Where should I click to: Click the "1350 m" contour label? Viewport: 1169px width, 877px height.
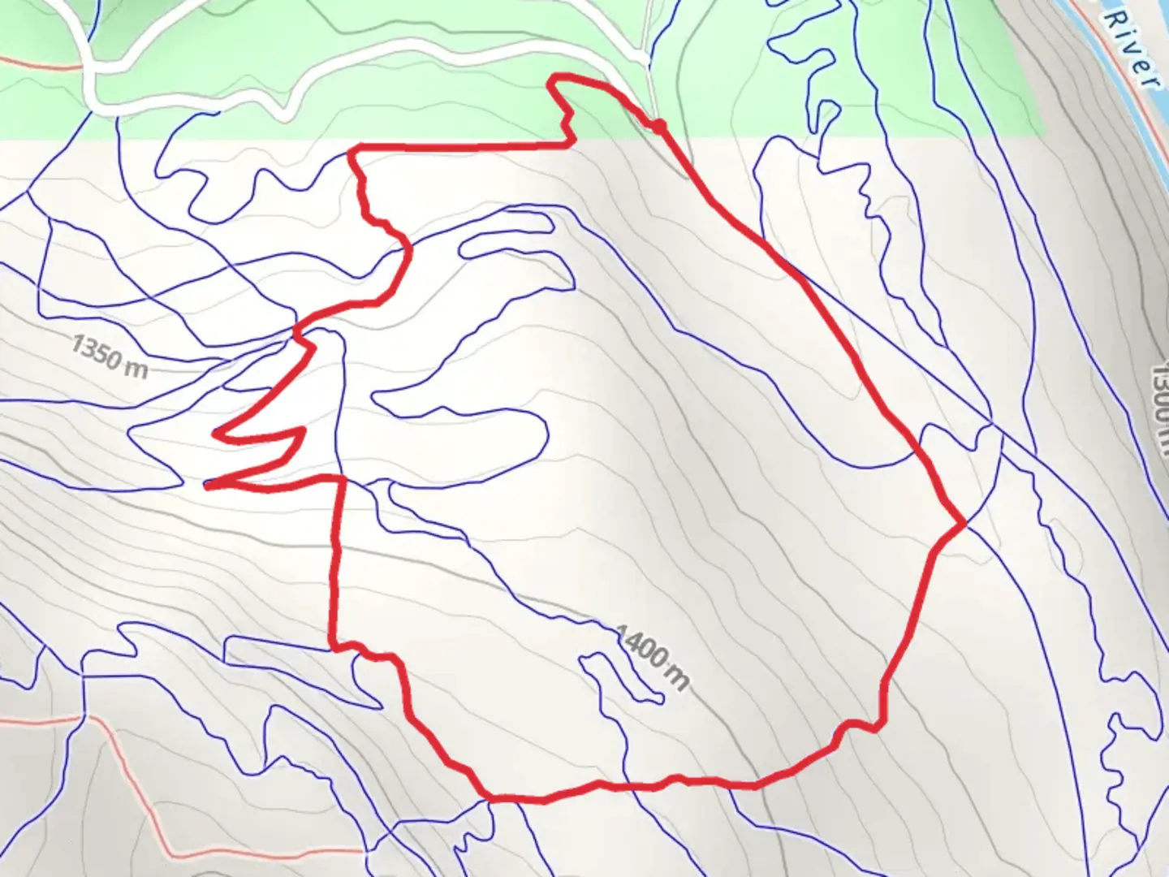coord(110,357)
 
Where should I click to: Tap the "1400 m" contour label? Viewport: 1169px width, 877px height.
coord(652,657)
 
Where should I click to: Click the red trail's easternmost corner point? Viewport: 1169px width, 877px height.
coord(964,524)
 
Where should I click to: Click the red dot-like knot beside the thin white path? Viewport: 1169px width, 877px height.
coord(658,125)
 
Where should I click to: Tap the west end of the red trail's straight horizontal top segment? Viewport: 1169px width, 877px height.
coord(352,149)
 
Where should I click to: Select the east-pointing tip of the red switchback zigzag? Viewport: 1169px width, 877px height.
coord(303,430)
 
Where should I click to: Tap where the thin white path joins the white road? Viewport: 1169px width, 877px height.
coord(646,60)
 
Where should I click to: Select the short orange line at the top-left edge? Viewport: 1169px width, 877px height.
coord(32,60)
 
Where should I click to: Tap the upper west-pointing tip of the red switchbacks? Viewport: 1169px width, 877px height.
coord(216,434)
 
